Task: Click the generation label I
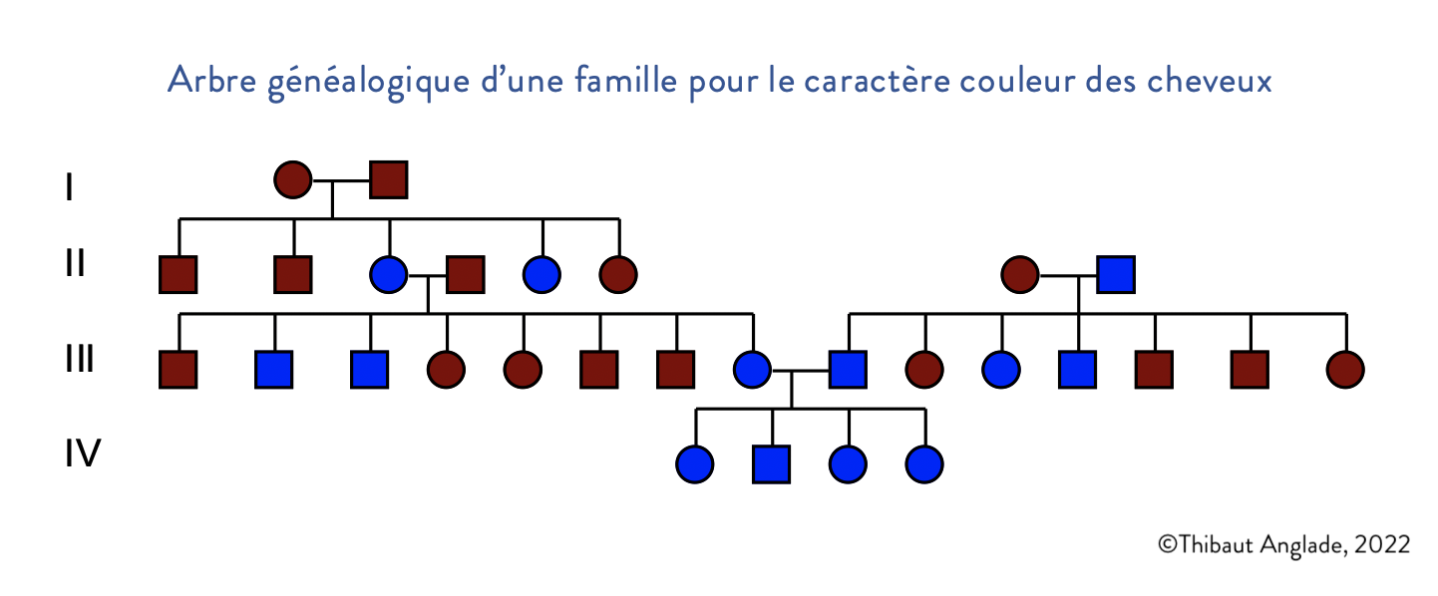tap(68, 187)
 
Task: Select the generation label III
tap(80, 359)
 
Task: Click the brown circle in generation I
tap(292, 180)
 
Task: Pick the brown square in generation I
tap(388, 180)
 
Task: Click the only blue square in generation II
tap(1116, 274)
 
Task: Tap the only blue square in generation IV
tap(772, 464)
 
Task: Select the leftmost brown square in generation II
tap(179, 274)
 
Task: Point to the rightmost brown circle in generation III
tap(1345, 370)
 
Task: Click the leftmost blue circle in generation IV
tap(694, 464)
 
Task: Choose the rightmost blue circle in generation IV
tap(924, 464)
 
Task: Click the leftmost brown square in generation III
tap(179, 370)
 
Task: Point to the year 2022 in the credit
tap(1383, 544)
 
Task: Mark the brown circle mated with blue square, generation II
tap(1020, 274)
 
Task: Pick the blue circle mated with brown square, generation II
tap(388, 274)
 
